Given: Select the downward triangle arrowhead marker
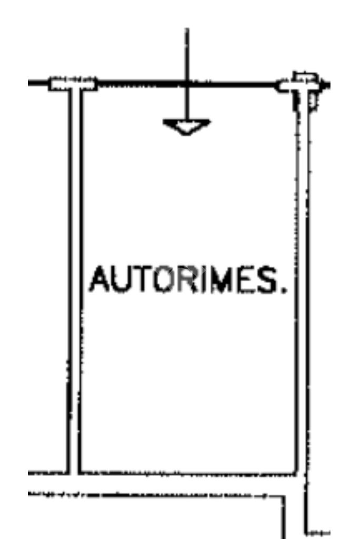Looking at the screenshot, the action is [186, 126].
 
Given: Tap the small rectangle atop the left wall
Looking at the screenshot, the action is [73, 84].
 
